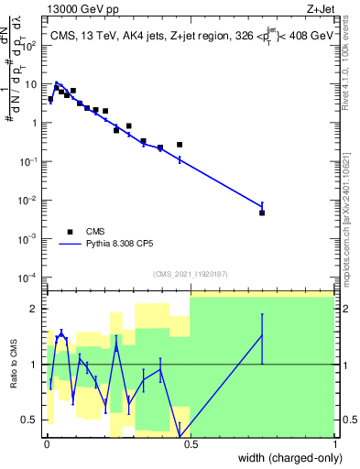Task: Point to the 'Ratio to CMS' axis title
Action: point(14,365)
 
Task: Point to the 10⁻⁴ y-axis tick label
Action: point(30,277)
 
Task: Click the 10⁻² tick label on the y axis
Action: point(30,200)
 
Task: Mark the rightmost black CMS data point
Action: point(262,213)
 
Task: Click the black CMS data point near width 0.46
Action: point(180,145)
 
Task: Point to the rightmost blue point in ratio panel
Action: point(262,336)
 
